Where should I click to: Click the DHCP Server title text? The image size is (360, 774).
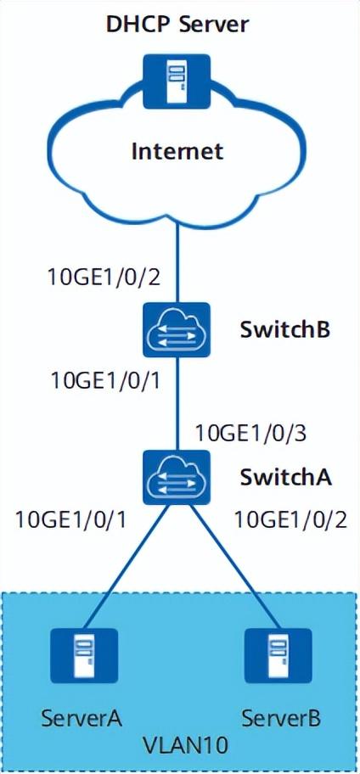tap(177, 24)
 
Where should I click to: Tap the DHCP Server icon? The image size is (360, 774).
tap(177, 82)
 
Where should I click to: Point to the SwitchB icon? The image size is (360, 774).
tap(177, 330)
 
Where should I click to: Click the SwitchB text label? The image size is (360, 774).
tap(285, 330)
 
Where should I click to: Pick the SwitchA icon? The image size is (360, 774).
tap(177, 477)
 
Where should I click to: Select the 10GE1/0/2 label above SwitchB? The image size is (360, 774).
tap(104, 277)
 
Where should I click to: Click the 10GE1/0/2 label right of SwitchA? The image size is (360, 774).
tap(290, 519)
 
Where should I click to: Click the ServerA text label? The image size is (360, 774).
tap(82, 718)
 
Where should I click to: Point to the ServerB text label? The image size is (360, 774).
tap(281, 718)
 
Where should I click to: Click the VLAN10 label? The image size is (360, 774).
tap(179, 743)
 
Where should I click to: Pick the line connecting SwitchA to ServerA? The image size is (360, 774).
tap(126, 567)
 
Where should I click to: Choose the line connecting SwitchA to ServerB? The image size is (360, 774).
tap(233, 567)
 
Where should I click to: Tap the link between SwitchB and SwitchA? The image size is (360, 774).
tap(177, 404)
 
